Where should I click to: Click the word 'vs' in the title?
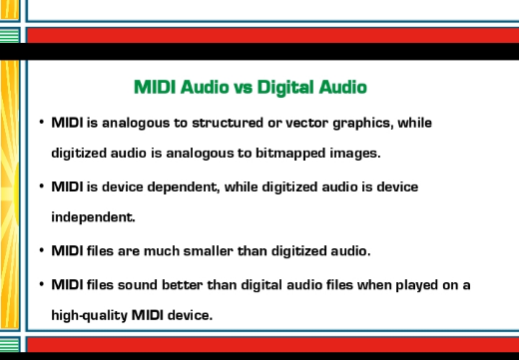coord(244,88)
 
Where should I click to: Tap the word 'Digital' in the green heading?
coord(285,87)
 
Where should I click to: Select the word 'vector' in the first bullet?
coord(307,123)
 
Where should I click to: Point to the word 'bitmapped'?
coord(290,154)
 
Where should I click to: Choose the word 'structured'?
coord(228,123)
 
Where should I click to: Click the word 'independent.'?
coord(94,217)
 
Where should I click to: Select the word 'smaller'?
coord(209,251)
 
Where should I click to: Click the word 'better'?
coord(183,285)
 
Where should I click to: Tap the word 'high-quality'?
coord(90,316)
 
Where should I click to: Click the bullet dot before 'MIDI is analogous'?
coord(42,122)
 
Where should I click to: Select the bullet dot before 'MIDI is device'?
coord(42,186)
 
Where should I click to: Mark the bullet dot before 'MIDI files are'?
coord(42,250)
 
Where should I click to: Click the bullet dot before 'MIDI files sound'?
coord(42,284)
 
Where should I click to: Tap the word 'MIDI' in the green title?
coord(155,87)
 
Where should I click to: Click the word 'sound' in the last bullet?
coord(138,285)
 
